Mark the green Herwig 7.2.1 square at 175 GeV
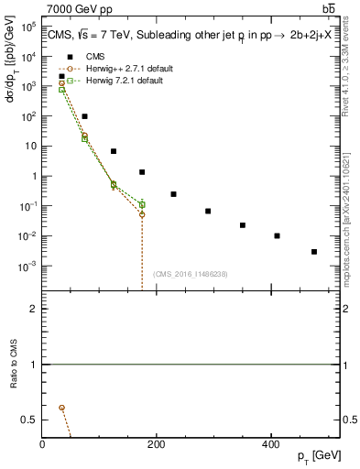(x=142, y=204)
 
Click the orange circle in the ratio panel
(x=61, y=407)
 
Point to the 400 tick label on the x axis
(x=270, y=444)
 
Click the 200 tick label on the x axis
(x=157, y=444)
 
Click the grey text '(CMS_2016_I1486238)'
(x=191, y=274)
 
